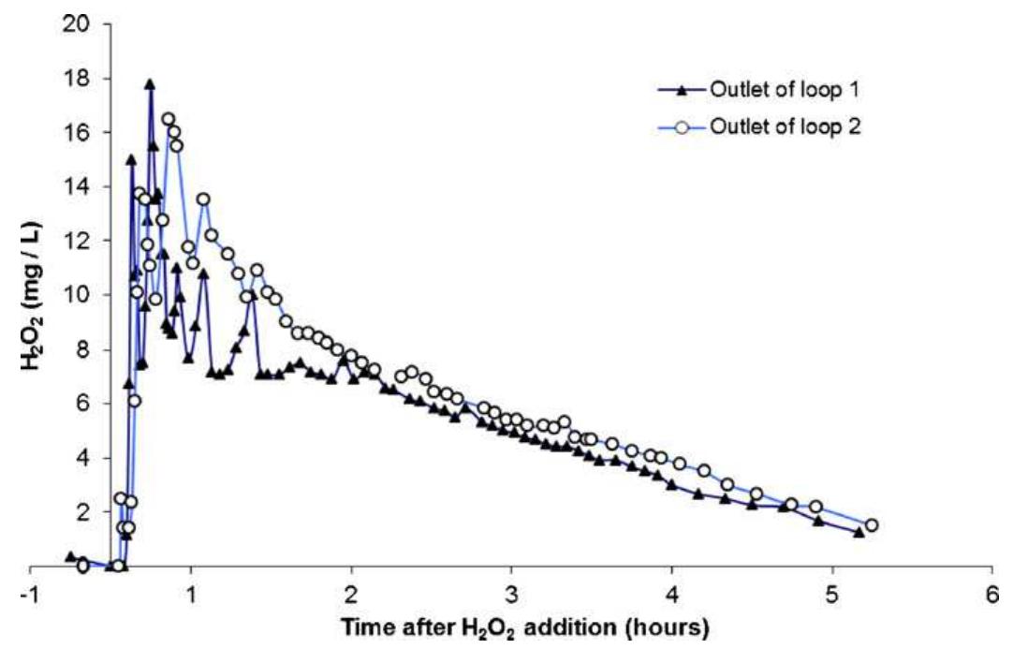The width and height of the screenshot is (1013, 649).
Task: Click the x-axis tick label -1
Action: (x=32, y=595)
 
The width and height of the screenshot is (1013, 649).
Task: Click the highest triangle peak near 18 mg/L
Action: (x=149, y=84)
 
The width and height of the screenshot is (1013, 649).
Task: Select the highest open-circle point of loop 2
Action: (x=169, y=119)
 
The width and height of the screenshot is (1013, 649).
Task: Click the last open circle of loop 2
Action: (x=871, y=525)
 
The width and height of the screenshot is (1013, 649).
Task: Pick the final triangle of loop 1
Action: (x=859, y=532)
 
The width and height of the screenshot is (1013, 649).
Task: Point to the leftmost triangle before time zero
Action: (x=70, y=556)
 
